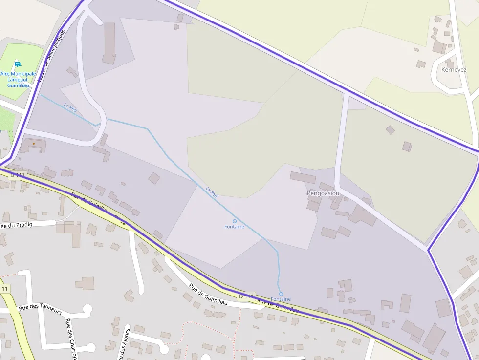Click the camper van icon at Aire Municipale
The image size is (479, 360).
coord(18,64)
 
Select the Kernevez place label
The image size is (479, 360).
coord(454,70)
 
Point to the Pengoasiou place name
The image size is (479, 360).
coord(323,193)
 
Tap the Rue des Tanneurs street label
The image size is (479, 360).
coord(41,309)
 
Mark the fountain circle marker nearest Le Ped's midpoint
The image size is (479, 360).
coord(235,221)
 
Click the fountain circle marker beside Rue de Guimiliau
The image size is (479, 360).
coord(281,294)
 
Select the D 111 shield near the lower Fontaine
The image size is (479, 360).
coord(247,296)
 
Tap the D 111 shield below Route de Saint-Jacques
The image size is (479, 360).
coord(17,175)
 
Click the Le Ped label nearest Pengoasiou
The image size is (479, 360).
coord(212,192)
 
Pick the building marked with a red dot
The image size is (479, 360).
coord(33,144)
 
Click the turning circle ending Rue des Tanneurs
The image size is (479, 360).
coord(87,309)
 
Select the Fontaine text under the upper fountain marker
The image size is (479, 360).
coord(234,227)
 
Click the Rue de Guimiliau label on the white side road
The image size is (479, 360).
coord(209,296)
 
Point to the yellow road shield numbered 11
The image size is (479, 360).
coord(5,289)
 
